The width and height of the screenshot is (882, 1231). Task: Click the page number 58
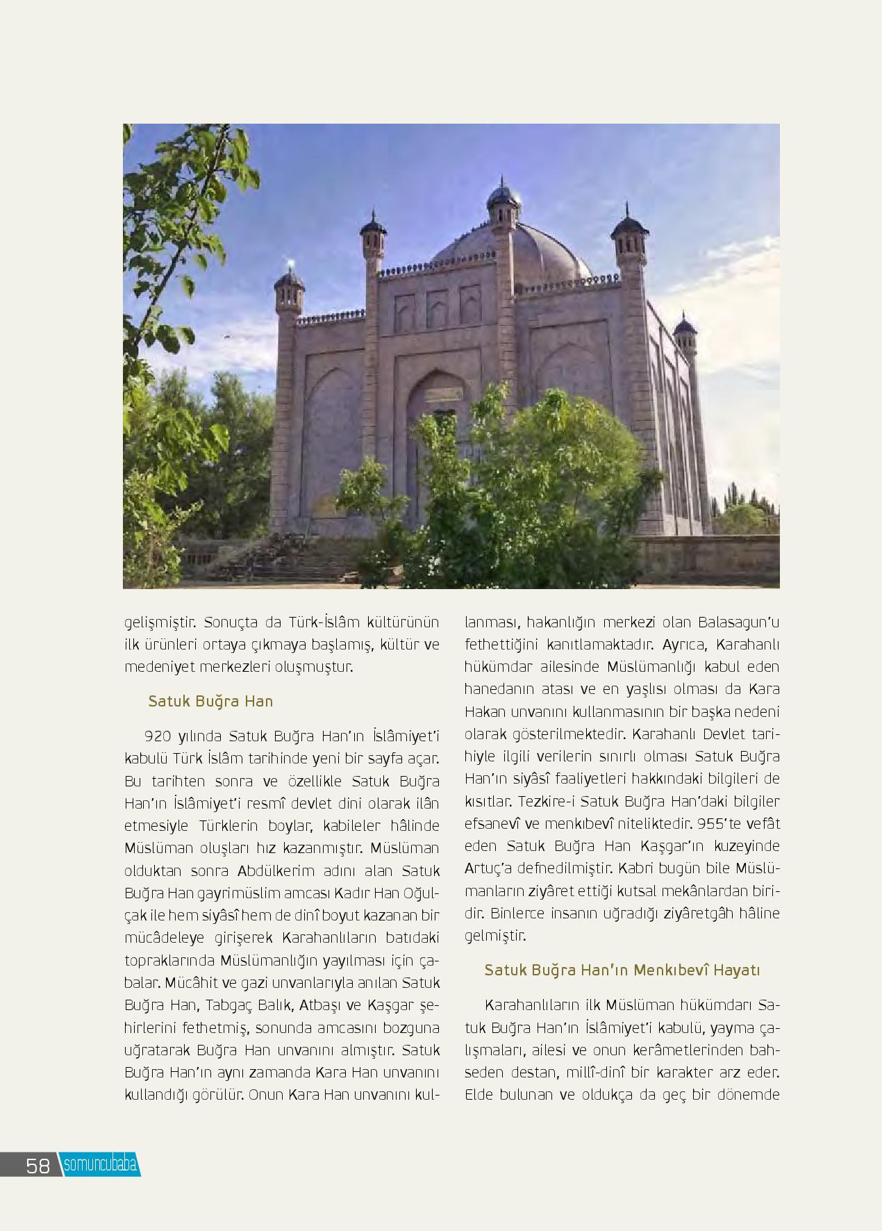click(x=38, y=1165)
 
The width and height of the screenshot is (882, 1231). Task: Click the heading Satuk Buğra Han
click(x=210, y=701)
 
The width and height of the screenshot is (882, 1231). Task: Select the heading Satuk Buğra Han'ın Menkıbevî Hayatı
click(x=622, y=970)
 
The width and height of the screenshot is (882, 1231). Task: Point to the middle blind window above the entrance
click(x=437, y=308)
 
